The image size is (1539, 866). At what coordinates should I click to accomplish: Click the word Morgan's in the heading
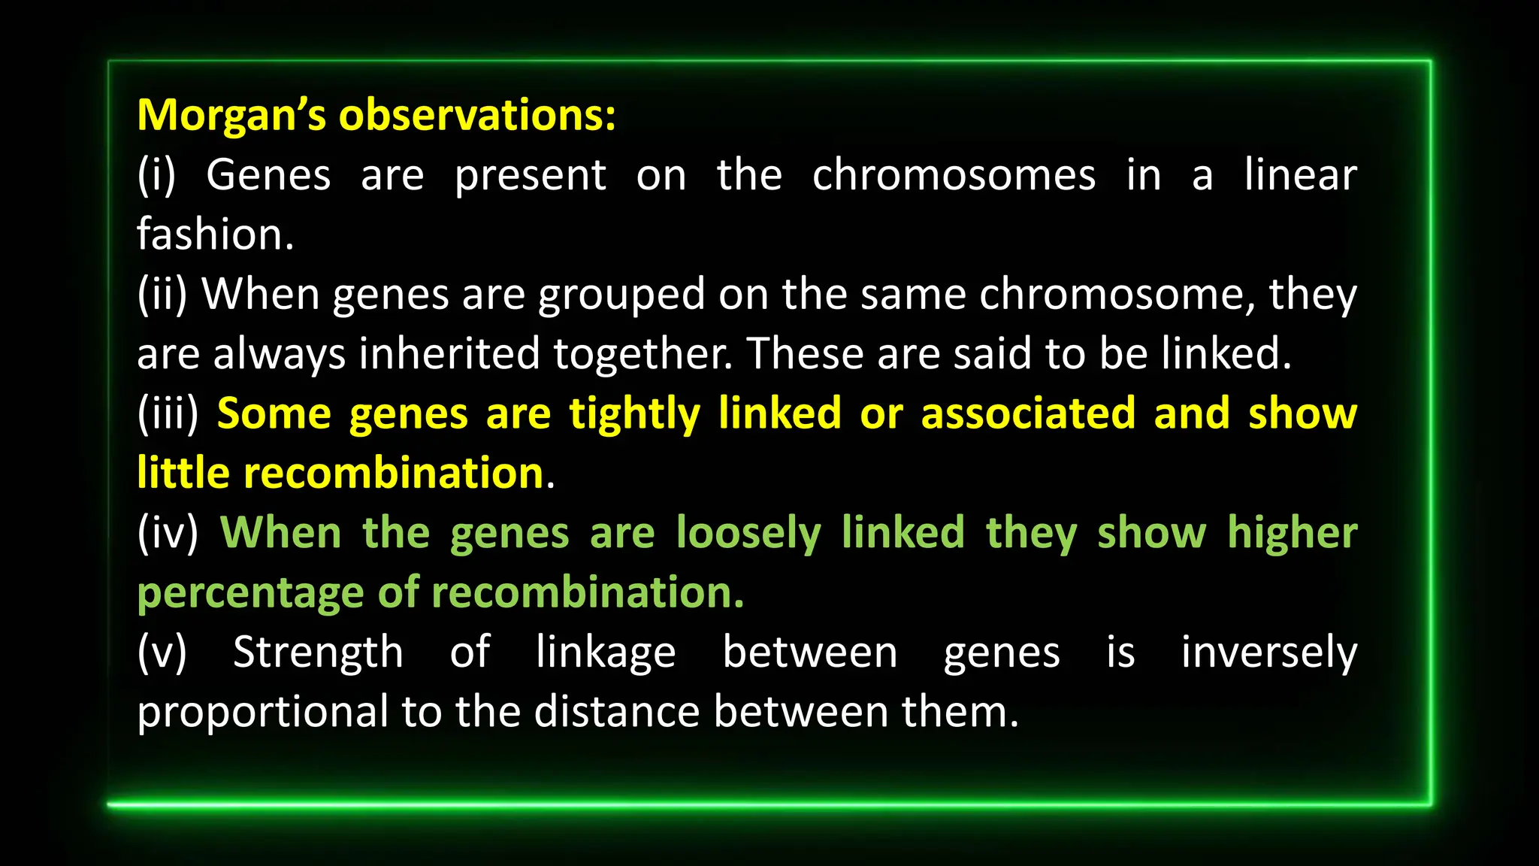(231, 117)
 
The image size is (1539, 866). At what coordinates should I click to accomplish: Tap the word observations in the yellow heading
(476, 117)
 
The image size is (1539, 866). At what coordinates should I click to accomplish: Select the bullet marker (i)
(156, 176)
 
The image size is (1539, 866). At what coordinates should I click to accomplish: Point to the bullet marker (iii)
(168, 414)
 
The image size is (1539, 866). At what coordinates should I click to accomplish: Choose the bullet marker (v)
(162, 653)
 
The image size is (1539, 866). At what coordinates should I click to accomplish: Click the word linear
(1300, 176)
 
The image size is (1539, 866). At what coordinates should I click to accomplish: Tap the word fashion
(215, 235)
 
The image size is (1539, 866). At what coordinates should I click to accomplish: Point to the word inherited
(449, 354)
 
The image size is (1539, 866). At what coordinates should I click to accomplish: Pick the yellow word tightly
(634, 414)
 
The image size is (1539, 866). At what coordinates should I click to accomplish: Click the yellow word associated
(1027, 414)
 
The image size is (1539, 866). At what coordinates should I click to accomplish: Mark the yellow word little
(183, 474)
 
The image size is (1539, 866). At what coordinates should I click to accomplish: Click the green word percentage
(250, 593)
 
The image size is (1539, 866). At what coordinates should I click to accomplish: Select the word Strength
(318, 653)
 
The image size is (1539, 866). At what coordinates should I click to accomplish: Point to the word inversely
(1268, 653)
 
